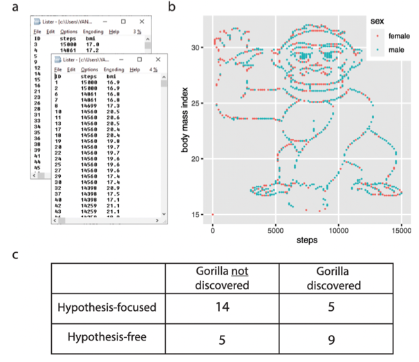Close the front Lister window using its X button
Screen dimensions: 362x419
159,59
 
